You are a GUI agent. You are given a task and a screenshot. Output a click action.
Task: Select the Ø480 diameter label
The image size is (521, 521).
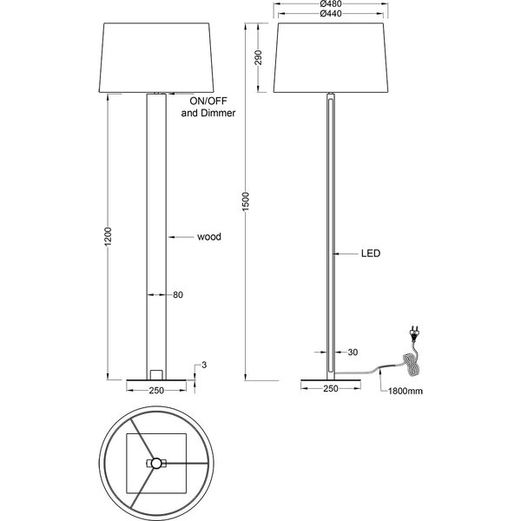tap(328, 4)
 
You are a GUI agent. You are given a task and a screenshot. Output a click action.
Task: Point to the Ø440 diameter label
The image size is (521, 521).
tap(328, 15)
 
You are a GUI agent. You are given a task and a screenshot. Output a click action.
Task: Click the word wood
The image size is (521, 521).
tap(208, 236)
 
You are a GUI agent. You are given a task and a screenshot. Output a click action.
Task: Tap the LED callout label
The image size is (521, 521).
tap(372, 254)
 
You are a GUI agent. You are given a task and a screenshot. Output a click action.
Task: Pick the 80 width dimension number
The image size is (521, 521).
tap(178, 295)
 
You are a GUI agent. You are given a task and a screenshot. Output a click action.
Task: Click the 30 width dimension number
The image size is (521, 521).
tap(352, 352)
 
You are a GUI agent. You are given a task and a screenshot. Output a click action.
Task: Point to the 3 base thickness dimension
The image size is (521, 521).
tap(203, 365)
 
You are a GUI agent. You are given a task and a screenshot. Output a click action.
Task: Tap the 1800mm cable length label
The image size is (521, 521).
tap(406, 391)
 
